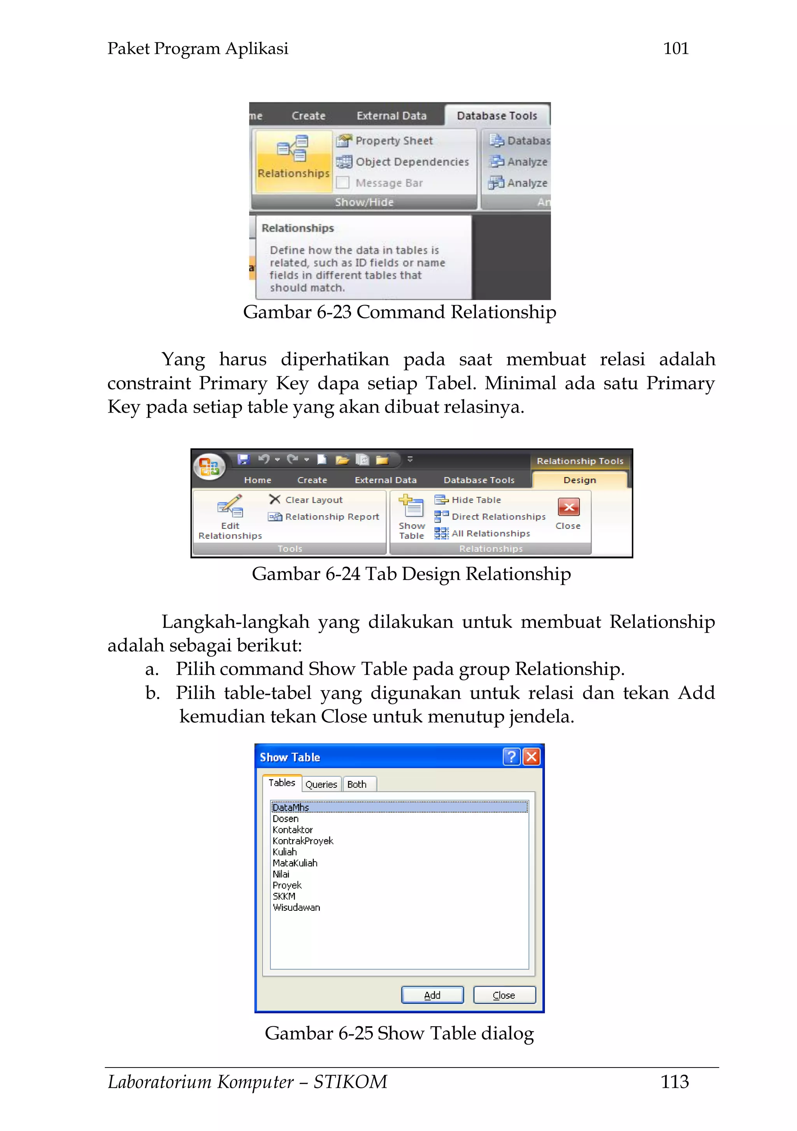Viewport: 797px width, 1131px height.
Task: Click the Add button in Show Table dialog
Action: click(x=432, y=994)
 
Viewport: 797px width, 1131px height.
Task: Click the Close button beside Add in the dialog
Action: click(x=504, y=994)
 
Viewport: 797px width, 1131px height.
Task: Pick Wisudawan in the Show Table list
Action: click(x=296, y=907)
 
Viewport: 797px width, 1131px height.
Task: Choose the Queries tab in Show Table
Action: click(x=321, y=784)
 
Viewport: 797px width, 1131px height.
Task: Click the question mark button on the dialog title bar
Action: click(x=511, y=757)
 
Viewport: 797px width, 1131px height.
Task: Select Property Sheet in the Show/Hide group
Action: click(x=393, y=141)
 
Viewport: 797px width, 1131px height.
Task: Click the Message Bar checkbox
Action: click(x=343, y=183)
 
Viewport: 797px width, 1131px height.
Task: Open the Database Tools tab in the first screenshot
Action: click(x=497, y=116)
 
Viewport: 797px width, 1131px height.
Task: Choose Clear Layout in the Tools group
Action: click(x=313, y=499)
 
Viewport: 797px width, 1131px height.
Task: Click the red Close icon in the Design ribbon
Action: click(x=569, y=507)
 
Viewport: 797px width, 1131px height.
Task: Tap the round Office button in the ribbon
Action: click(x=209, y=466)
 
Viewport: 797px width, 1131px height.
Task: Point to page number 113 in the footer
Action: click(x=674, y=1081)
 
